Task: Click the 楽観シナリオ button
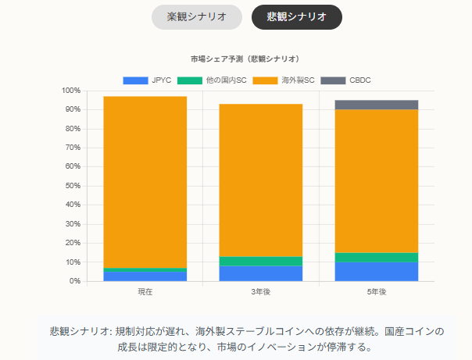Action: (x=197, y=16)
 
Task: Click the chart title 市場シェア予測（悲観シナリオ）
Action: (x=245, y=59)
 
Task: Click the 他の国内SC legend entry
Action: (x=213, y=80)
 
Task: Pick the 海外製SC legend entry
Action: (x=286, y=80)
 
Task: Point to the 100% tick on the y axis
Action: (x=70, y=91)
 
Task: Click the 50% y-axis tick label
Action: (x=73, y=186)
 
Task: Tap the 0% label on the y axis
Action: (x=75, y=281)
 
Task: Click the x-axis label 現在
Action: (x=145, y=292)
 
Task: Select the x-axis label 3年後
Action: (x=260, y=292)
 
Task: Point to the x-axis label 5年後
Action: (x=377, y=292)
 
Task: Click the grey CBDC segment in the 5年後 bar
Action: (x=377, y=105)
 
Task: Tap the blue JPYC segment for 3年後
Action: (x=260, y=273)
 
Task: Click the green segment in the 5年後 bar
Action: (x=377, y=257)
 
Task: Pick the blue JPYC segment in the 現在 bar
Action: (x=145, y=276)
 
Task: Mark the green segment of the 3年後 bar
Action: (x=260, y=261)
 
